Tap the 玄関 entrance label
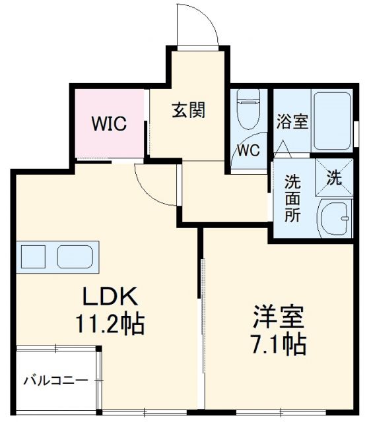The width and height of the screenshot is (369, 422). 189,109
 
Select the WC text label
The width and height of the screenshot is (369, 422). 249,150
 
